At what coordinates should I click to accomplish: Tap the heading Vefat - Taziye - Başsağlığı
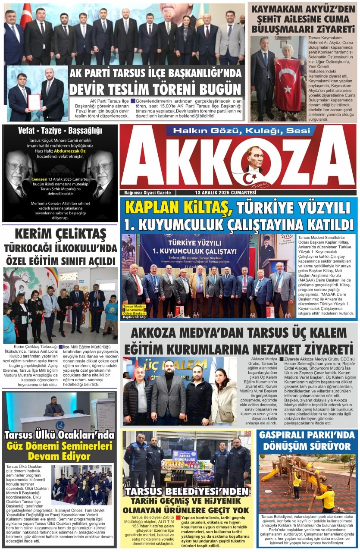60,130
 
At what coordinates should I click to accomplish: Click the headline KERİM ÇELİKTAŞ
60,234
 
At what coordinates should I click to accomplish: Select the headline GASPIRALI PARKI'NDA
307,435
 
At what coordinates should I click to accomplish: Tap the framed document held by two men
34,102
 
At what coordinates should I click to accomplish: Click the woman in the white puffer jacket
224,397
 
